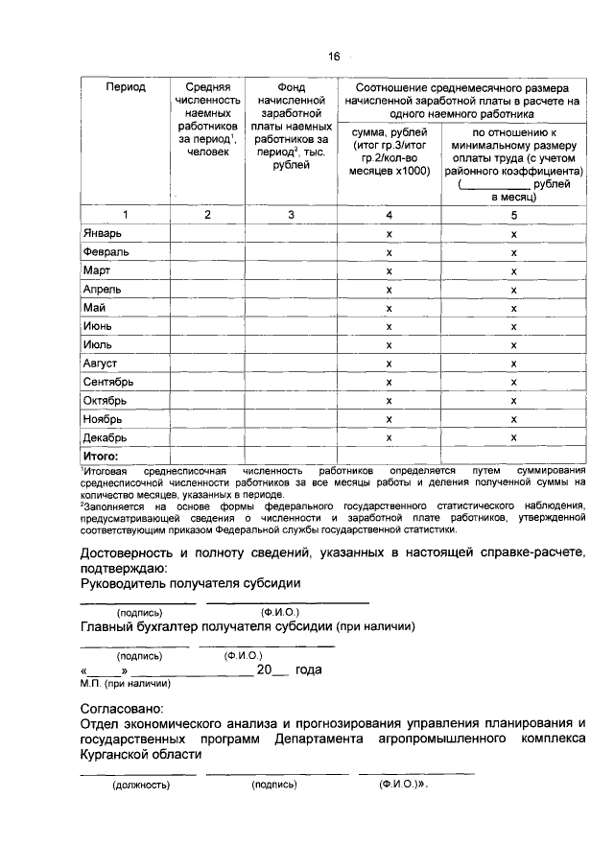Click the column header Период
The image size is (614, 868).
pos(126,87)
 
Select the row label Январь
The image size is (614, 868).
pos(103,233)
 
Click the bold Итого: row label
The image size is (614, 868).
pos(101,456)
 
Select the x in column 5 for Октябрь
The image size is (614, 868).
pos(514,400)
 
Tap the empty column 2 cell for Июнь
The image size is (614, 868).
pos(207,326)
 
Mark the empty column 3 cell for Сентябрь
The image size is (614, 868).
pos(291,382)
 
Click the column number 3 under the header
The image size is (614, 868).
pos(291,214)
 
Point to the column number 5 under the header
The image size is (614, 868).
pos(514,214)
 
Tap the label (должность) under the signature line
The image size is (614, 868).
pos(141,786)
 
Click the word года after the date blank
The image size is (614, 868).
pos(309,670)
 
